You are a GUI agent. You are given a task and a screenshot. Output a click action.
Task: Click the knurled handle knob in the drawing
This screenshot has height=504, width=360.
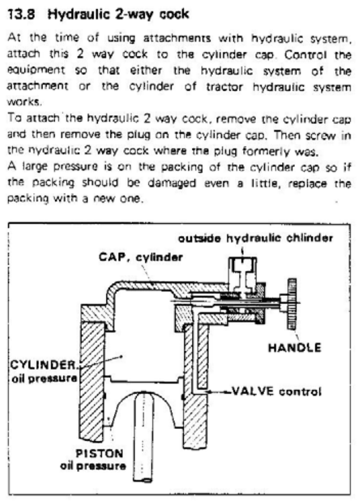[291, 299]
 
